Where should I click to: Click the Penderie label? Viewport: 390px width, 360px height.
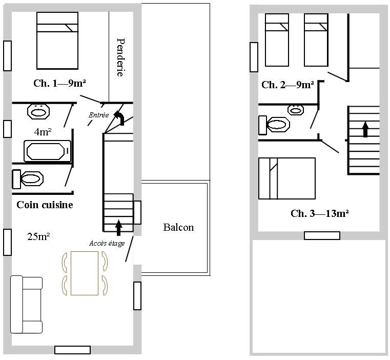point(120,57)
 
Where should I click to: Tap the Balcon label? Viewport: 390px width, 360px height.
point(178,227)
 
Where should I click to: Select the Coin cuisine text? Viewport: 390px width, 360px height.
point(45,205)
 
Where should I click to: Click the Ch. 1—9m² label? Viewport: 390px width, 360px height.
point(59,83)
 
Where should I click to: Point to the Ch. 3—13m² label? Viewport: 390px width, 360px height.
point(320,213)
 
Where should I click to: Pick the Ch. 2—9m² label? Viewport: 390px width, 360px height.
point(288,85)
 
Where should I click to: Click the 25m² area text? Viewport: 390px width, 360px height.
point(38,236)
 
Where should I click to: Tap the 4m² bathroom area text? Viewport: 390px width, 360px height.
point(43,132)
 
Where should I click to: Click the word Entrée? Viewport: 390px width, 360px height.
point(99,115)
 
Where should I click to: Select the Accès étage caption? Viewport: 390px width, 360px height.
point(107,243)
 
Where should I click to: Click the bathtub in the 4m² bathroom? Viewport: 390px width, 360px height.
point(47,151)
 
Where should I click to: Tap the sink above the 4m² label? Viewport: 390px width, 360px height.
point(38,111)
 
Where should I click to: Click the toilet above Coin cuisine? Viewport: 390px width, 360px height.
point(28,179)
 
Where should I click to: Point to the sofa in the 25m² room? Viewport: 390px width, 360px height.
point(26,304)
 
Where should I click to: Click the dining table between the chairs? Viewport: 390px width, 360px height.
point(85,273)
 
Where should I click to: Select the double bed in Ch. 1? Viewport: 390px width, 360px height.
point(57,41)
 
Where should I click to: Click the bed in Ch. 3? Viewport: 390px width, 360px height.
point(287,178)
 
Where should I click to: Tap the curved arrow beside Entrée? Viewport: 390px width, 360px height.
point(120,117)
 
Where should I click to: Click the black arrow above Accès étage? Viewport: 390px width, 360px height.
point(119,228)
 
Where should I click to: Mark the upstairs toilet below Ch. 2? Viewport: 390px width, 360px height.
point(274,125)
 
